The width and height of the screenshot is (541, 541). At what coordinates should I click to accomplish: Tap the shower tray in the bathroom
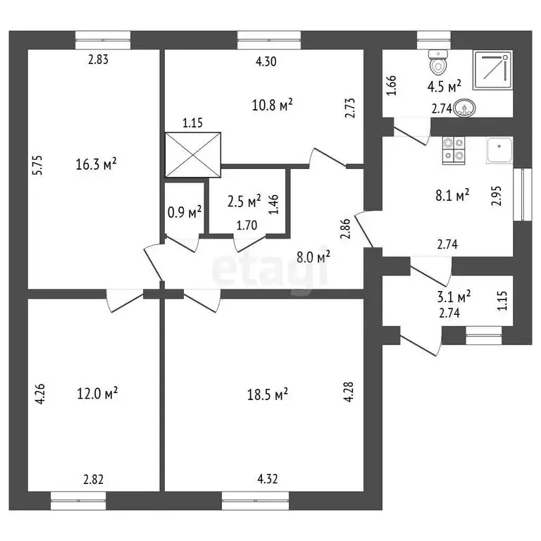coord(492,70)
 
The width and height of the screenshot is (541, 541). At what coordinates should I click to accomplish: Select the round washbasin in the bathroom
coord(464,108)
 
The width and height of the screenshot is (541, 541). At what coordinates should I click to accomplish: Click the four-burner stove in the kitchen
coord(454,150)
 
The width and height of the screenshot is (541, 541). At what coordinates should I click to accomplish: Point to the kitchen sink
coord(499,150)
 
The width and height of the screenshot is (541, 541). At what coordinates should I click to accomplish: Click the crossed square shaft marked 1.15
coord(193,154)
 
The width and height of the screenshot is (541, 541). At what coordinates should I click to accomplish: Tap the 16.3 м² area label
coord(96,164)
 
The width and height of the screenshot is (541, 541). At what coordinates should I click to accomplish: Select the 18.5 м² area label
coord(268,394)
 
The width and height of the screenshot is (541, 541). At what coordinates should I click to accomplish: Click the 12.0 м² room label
coord(97,393)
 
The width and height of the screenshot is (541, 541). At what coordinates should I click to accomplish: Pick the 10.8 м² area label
coord(273,105)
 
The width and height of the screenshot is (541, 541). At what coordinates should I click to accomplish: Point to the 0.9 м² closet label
coord(185,212)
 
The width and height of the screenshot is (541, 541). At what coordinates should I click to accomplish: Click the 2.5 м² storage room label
coord(244,201)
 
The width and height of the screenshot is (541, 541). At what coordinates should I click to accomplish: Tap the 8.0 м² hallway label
coord(313,256)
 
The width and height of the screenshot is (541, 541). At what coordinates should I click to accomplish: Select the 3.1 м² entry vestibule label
coord(454,297)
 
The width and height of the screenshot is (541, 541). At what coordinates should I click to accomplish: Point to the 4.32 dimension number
coord(268,479)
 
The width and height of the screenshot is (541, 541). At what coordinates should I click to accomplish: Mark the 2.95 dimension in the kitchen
coord(497,196)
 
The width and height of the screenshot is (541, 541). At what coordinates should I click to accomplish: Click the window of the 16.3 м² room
coord(103,40)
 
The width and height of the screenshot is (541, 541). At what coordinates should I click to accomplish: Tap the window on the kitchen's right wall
coord(523,194)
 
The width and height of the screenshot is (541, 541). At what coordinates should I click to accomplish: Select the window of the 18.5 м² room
coord(255,501)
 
